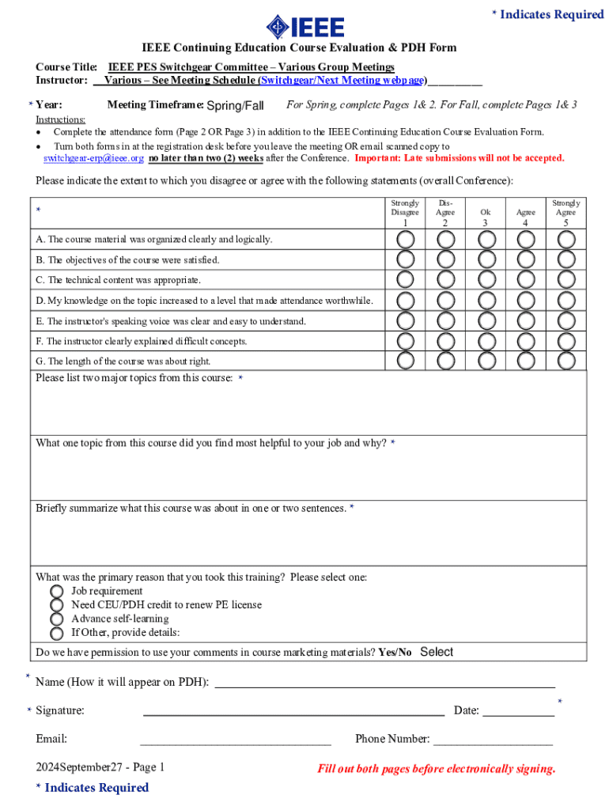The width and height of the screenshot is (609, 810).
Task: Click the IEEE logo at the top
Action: pyautogui.click(x=304, y=27)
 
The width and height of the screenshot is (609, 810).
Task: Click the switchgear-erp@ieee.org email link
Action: pyautogui.click(x=93, y=158)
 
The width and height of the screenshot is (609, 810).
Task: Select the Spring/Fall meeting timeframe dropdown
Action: pyautogui.click(x=235, y=105)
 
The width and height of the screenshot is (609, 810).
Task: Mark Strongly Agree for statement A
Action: pyautogui.click(x=565, y=239)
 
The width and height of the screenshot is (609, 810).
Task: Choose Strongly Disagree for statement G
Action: pyautogui.click(x=405, y=360)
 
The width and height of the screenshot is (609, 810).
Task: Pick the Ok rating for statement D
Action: pyautogui.click(x=486, y=300)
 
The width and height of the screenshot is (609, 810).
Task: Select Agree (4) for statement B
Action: pyautogui.click(x=526, y=259)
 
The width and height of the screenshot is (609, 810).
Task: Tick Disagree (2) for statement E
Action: pyautogui.click(x=445, y=320)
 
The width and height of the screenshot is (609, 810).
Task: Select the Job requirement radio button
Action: pyautogui.click(x=57, y=591)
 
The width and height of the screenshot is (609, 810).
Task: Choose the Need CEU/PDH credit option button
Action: pyautogui.click(x=57, y=605)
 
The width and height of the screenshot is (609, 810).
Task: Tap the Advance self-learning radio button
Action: pyautogui.click(x=57, y=619)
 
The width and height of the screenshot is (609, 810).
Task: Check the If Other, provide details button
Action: pyautogui.click(x=57, y=633)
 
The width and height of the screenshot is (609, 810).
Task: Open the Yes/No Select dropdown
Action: pyautogui.click(x=436, y=653)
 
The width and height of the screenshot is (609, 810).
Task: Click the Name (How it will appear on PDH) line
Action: pyautogui.click(x=384, y=682)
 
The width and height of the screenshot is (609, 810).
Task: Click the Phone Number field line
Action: pyautogui.click(x=493, y=740)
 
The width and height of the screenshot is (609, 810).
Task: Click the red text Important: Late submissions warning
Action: pyautogui.click(x=460, y=158)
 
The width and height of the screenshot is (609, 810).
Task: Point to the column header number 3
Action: pyautogui.click(x=486, y=223)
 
